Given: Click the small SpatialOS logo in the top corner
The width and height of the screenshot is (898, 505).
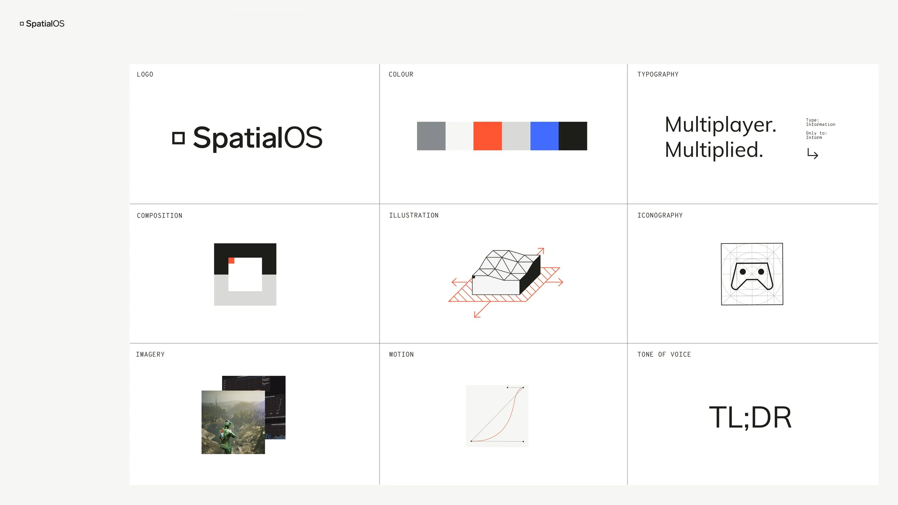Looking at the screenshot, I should (x=42, y=24).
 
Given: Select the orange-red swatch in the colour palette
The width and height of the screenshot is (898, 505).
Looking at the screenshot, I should (x=487, y=136).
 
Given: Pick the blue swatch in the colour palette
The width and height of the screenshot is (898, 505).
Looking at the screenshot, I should (x=544, y=136).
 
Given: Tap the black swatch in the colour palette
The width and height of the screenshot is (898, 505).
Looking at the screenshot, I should (x=573, y=136).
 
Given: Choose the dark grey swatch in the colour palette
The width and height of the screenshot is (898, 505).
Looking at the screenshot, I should (x=431, y=136).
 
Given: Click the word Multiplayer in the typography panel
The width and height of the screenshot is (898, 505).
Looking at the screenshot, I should (x=720, y=125).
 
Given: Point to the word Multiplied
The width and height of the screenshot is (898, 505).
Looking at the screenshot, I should (x=714, y=150).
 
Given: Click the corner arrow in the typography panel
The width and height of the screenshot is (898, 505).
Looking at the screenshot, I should (x=813, y=154).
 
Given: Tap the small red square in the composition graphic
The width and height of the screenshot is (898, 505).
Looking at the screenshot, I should (x=231, y=261).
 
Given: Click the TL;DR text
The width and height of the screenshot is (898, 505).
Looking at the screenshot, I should (x=750, y=417).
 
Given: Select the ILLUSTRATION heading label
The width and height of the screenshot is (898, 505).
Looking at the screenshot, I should (x=414, y=216).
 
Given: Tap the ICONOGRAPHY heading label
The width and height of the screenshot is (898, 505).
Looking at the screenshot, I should (x=660, y=216).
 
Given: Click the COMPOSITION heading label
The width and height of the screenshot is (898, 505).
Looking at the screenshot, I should (x=159, y=216).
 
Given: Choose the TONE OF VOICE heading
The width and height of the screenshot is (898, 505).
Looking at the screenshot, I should (x=664, y=355).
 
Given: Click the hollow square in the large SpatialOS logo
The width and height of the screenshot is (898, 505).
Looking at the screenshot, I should (x=179, y=138).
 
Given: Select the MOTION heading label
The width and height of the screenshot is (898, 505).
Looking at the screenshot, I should (x=401, y=355).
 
